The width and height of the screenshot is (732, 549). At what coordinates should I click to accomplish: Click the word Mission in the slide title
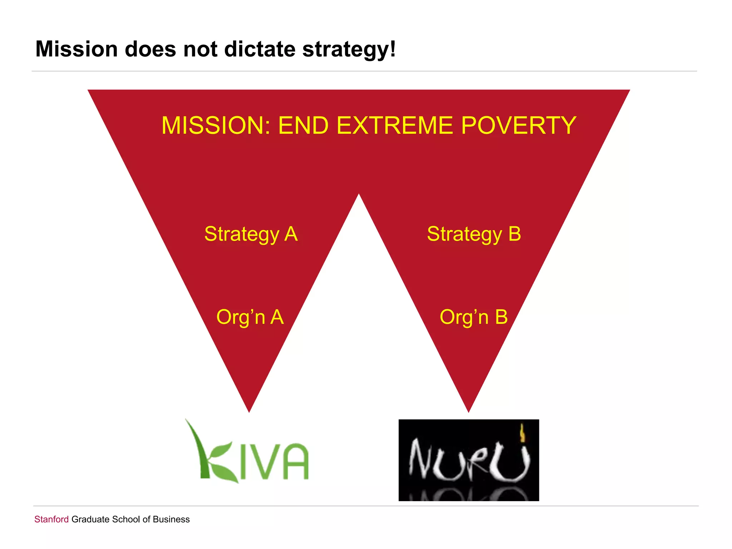[76, 49]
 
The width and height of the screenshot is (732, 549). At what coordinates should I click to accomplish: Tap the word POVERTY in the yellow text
[518, 125]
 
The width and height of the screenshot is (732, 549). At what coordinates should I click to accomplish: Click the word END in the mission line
[303, 125]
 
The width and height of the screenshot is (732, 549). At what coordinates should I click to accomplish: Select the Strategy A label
[251, 234]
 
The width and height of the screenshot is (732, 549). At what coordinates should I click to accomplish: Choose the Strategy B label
[474, 234]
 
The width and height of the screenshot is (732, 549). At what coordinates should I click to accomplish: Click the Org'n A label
[250, 317]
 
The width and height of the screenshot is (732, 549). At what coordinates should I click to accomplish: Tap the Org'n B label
[474, 317]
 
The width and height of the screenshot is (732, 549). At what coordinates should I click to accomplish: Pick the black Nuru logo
[469, 460]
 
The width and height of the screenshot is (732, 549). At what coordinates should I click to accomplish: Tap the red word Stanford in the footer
[51, 519]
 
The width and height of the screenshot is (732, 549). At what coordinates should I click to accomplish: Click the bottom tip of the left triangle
[249, 410]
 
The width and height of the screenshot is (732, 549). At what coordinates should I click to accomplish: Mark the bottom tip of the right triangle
[469, 410]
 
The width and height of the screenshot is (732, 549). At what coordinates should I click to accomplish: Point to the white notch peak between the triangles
[359, 196]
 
